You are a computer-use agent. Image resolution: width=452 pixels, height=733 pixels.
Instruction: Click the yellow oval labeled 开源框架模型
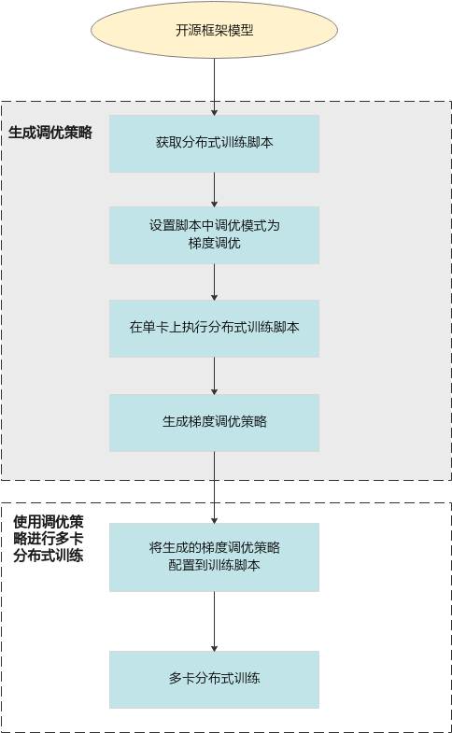[x=214, y=30]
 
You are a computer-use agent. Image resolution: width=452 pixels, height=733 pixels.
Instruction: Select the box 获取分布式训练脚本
[x=214, y=144]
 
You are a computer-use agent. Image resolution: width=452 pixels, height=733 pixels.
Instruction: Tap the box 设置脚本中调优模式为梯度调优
[x=214, y=235]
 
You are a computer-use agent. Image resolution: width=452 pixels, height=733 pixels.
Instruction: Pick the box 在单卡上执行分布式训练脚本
[x=214, y=329]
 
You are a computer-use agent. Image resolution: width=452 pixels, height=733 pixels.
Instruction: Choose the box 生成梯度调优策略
[x=214, y=423]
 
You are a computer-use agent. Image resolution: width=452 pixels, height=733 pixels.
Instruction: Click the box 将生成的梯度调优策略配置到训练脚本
[x=214, y=557]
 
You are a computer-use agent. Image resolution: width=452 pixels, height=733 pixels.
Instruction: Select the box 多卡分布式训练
[x=214, y=680]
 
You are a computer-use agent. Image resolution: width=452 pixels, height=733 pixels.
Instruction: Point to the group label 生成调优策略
[x=50, y=133]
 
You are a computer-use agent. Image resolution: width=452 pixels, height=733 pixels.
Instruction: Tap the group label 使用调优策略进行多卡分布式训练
[x=49, y=539]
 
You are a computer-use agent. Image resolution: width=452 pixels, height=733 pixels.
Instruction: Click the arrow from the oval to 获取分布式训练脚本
[x=214, y=87]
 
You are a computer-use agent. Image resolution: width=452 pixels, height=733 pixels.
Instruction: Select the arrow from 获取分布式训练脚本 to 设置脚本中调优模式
[x=214, y=190]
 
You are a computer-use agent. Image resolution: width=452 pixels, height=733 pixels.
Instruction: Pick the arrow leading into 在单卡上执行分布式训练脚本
[x=214, y=282]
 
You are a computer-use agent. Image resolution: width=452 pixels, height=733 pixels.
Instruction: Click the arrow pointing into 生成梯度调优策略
[x=214, y=376]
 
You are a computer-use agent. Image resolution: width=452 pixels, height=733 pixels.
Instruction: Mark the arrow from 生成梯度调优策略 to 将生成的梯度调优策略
[x=214, y=487]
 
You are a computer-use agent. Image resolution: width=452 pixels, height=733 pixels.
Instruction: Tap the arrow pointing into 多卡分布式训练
[x=214, y=622]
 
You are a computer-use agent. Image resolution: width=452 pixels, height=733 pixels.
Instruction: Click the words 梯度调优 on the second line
[x=214, y=244]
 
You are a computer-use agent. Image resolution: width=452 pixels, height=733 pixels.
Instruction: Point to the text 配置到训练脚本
[x=214, y=565]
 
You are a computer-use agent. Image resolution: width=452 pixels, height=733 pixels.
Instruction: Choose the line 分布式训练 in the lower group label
[x=49, y=556]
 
